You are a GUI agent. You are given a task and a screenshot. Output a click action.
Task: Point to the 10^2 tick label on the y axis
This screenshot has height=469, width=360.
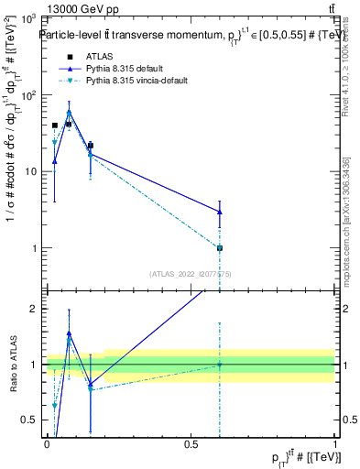pyautogui.click(x=27, y=95)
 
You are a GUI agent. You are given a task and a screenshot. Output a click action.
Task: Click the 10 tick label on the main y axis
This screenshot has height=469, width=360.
pyautogui.click(x=30, y=172)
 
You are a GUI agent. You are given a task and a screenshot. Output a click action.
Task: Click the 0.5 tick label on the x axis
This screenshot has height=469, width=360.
pyautogui.click(x=191, y=444)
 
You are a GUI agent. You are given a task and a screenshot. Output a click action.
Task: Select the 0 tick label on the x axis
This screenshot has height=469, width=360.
pyautogui.click(x=47, y=444)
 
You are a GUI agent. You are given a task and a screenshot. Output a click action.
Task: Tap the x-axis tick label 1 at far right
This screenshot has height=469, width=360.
pyautogui.click(x=335, y=444)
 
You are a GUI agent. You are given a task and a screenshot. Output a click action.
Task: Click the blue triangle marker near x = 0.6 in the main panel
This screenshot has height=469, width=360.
pyautogui.click(x=220, y=212)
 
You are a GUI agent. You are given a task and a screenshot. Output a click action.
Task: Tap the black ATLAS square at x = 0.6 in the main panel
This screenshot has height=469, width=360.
pyautogui.click(x=220, y=248)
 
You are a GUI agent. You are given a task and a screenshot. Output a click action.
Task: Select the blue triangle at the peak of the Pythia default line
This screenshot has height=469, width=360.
pyautogui.click(x=69, y=112)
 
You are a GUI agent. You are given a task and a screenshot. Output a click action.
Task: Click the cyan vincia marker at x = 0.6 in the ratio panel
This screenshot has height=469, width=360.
pyautogui.click(x=220, y=365)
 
